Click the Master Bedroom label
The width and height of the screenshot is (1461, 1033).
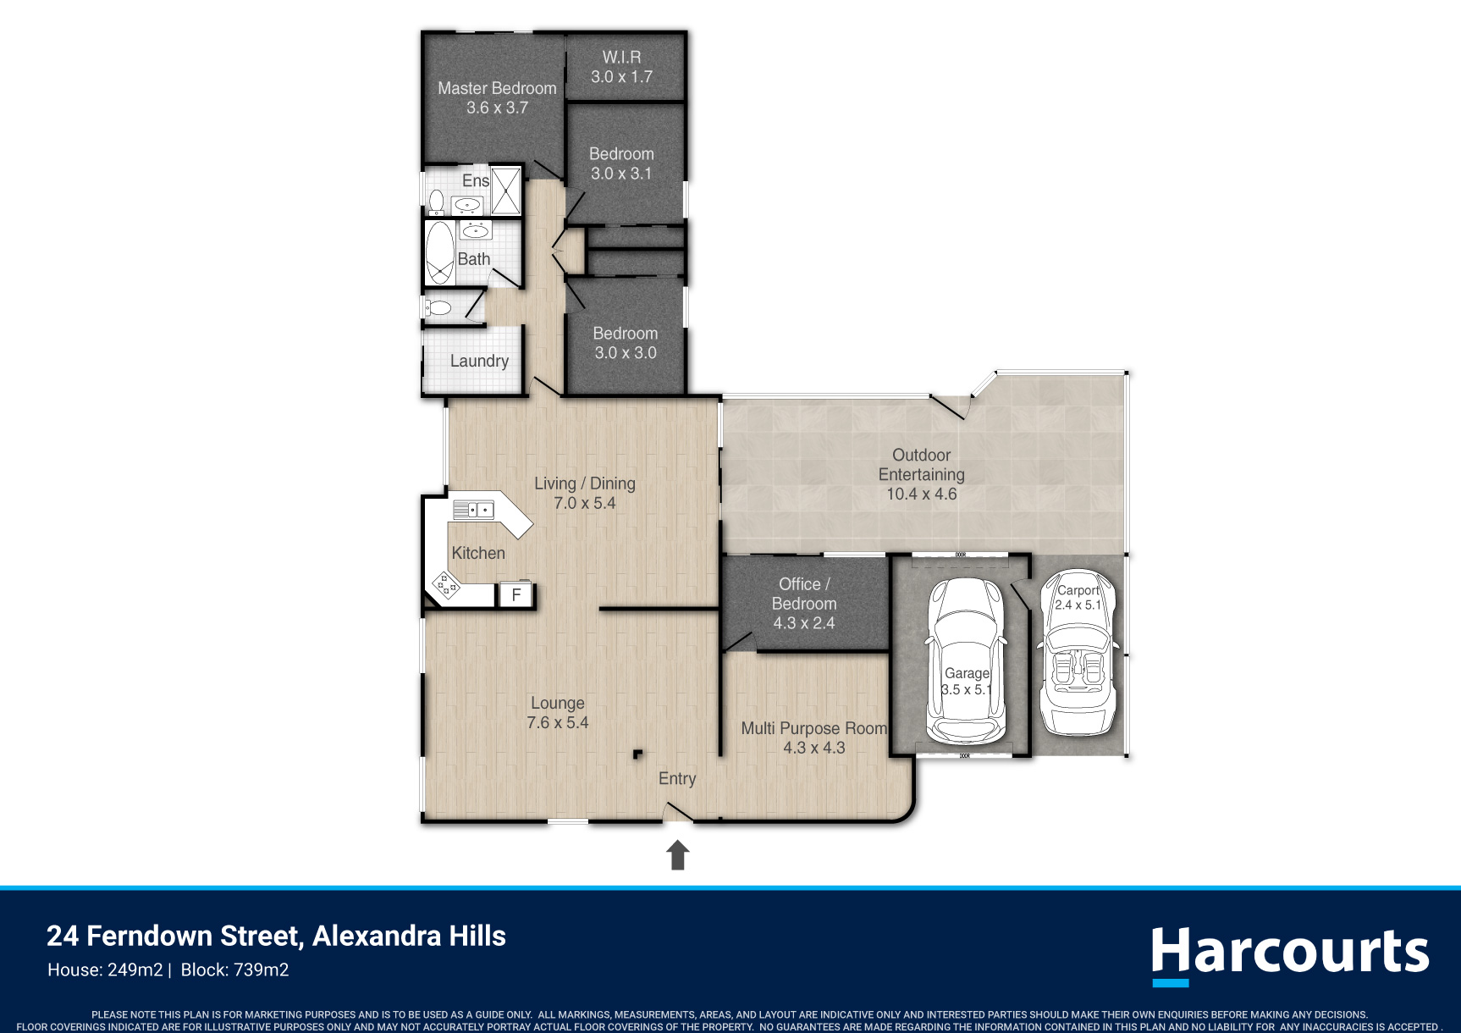(x=497, y=88)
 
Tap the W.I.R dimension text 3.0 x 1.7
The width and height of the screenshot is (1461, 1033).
(x=621, y=77)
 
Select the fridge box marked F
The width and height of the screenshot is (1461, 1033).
(x=515, y=594)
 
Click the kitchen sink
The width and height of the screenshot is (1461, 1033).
(x=473, y=510)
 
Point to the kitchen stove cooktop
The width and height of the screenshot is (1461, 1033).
(x=446, y=584)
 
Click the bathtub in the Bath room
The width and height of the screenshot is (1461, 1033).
(x=439, y=252)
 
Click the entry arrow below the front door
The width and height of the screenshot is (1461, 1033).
(x=677, y=854)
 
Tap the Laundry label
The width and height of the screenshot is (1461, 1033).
(x=479, y=362)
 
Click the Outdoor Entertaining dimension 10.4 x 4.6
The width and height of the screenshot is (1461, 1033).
(x=921, y=494)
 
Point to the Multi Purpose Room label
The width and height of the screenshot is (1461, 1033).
(x=813, y=728)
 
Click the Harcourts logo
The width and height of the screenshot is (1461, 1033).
(x=1289, y=955)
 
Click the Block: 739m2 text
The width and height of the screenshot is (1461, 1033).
(x=234, y=970)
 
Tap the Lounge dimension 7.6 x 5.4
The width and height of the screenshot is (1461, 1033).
(x=557, y=723)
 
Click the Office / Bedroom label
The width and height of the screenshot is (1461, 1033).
(x=803, y=594)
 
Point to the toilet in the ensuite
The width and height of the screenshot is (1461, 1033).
(x=436, y=202)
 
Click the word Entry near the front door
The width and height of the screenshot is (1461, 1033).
(x=677, y=779)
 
